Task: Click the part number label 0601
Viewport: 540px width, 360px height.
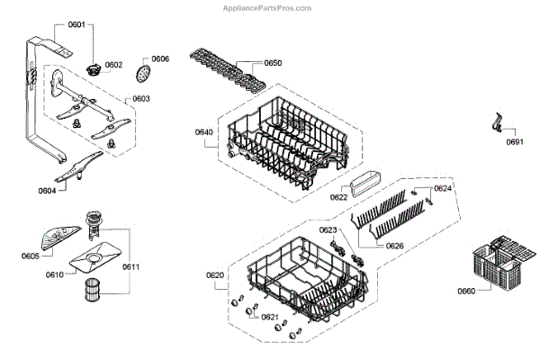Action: (76, 25)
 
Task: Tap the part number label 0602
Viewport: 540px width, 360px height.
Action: (113, 65)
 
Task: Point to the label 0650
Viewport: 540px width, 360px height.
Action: (273, 64)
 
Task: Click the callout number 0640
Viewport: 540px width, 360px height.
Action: (203, 132)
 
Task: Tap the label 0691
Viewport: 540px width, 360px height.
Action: (515, 142)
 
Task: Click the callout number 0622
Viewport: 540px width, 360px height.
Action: (339, 197)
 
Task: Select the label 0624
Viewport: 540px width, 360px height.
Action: (443, 189)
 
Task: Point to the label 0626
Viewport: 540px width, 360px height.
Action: (394, 246)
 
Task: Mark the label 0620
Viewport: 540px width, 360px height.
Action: (215, 274)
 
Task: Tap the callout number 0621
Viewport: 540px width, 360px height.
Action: (269, 317)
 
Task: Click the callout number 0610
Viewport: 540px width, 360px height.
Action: (56, 274)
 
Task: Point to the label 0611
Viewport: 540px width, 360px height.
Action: (130, 267)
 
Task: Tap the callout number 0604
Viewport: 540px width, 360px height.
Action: (48, 190)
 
